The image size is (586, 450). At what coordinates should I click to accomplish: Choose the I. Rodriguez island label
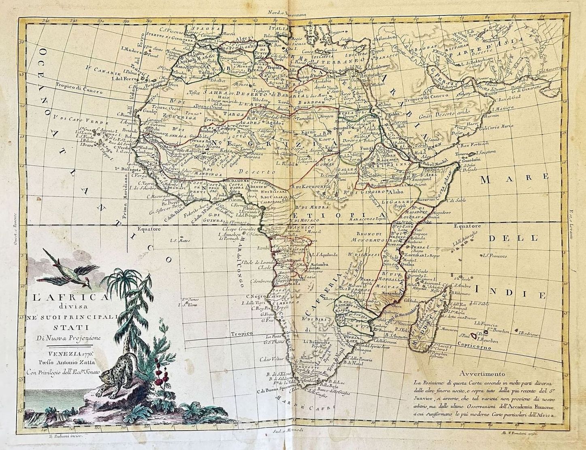coord(526,335)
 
